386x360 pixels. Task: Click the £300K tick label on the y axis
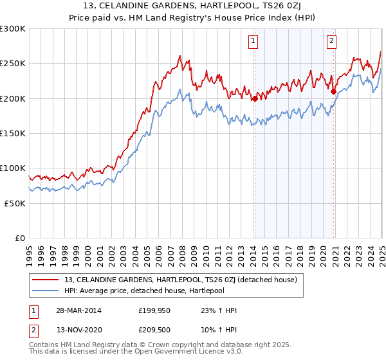[13, 29]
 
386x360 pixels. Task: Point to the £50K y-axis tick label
[14, 203]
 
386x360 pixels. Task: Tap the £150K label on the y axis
[13, 133]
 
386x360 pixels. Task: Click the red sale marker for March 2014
[255, 98]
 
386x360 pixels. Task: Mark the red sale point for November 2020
[333, 92]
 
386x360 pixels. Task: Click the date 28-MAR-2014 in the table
[79, 310]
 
